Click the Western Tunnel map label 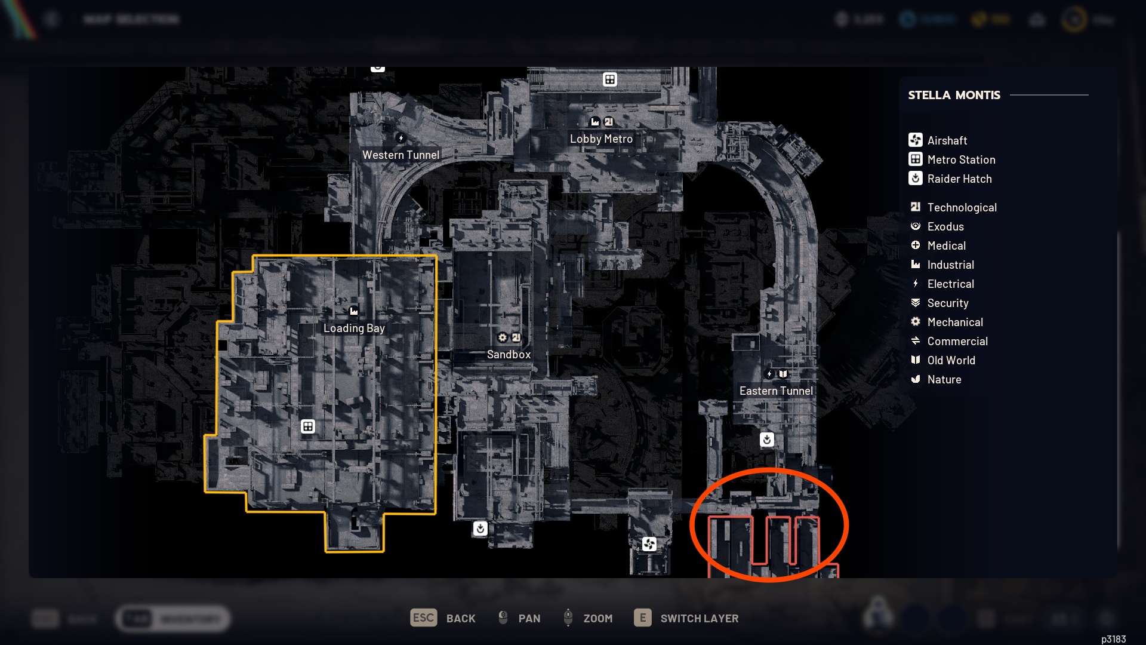click(x=401, y=155)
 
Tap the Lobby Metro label click(x=601, y=139)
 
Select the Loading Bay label click(x=354, y=328)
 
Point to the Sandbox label click(x=509, y=354)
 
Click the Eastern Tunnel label click(x=776, y=391)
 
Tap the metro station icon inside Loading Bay click(x=308, y=426)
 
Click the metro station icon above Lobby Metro click(x=609, y=79)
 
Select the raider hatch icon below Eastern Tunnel click(x=767, y=440)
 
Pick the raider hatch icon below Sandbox click(x=480, y=529)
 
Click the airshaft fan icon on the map click(x=649, y=544)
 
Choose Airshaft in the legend click(x=947, y=140)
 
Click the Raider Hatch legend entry click(x=959, y=179)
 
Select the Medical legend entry click(x=946, y=245)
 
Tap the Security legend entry click(x=948, y=303)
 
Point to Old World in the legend click(x=951, y=360)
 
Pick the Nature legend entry click(x=944, y=379)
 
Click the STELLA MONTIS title click(x=954, y=95)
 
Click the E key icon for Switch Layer click(x=643, y=618)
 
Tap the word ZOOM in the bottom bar click(x=597, y=618)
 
